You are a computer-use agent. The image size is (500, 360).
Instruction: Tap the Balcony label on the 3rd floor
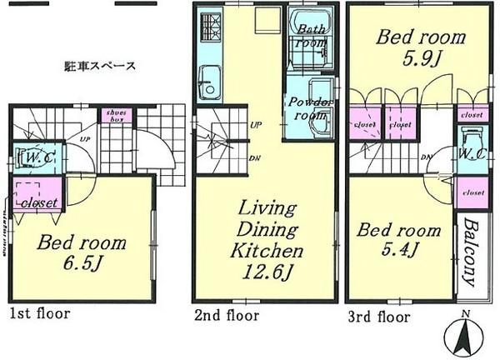[x=471, y=252]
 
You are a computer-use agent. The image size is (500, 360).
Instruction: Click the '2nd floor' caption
[x=227, y=316]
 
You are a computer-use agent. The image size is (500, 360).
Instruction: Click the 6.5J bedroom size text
[x=84, y=267]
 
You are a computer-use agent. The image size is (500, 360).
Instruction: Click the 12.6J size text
[x=268, y=272]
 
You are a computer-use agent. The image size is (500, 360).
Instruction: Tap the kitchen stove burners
[x=208, y=33]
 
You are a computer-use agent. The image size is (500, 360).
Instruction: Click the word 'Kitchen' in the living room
[x=267, y=250]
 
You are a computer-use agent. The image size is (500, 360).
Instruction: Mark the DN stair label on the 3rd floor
[x=425, y=157]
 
